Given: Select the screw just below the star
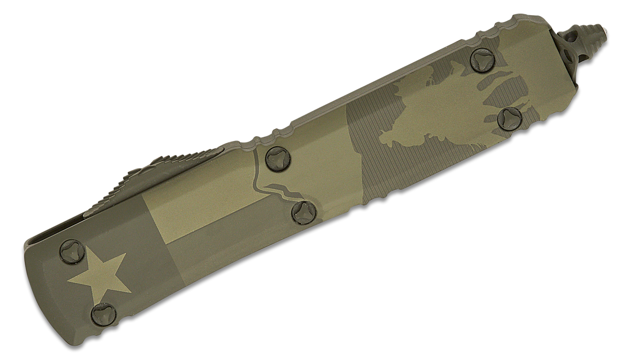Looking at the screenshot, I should click(x=101, y=312).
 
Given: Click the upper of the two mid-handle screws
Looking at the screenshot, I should click(x=278, y=157).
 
